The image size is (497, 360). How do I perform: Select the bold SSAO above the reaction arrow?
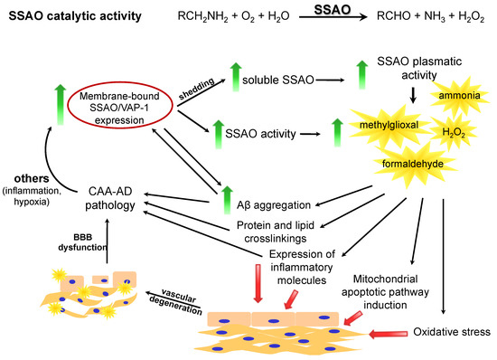(x=326, y=9)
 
